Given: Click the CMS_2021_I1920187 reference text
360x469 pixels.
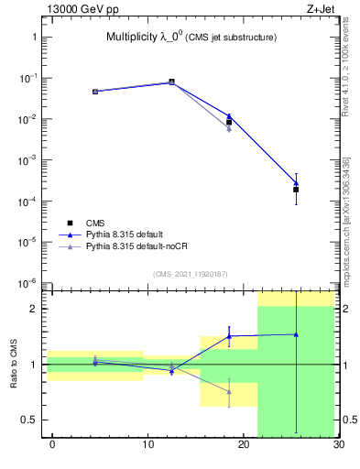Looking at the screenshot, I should (x=190, y=274).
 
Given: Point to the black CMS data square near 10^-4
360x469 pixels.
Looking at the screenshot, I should (x=296, y=190).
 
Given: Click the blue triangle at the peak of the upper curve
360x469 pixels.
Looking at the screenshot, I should (x=171, y=82).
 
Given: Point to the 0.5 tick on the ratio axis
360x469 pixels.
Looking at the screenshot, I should (x=31, y=420).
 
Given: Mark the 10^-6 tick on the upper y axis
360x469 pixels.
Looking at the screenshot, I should (x=29, y=283).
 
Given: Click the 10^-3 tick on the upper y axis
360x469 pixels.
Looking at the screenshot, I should (x=29, y=160).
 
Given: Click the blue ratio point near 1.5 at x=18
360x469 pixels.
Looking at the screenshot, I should (x=229, y=336).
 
